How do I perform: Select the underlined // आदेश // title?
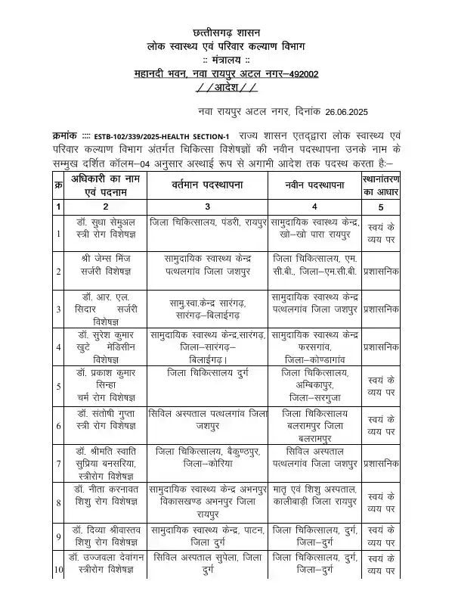[x=227, y=87]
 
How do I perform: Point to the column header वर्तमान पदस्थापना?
[x=206, y=185]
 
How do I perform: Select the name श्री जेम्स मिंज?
[x=105, y=258]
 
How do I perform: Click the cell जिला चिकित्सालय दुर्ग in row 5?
[x=206, y=373]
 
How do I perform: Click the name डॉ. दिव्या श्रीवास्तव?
[x=105, y=529]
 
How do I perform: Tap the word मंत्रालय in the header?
[x=227, y=59]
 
